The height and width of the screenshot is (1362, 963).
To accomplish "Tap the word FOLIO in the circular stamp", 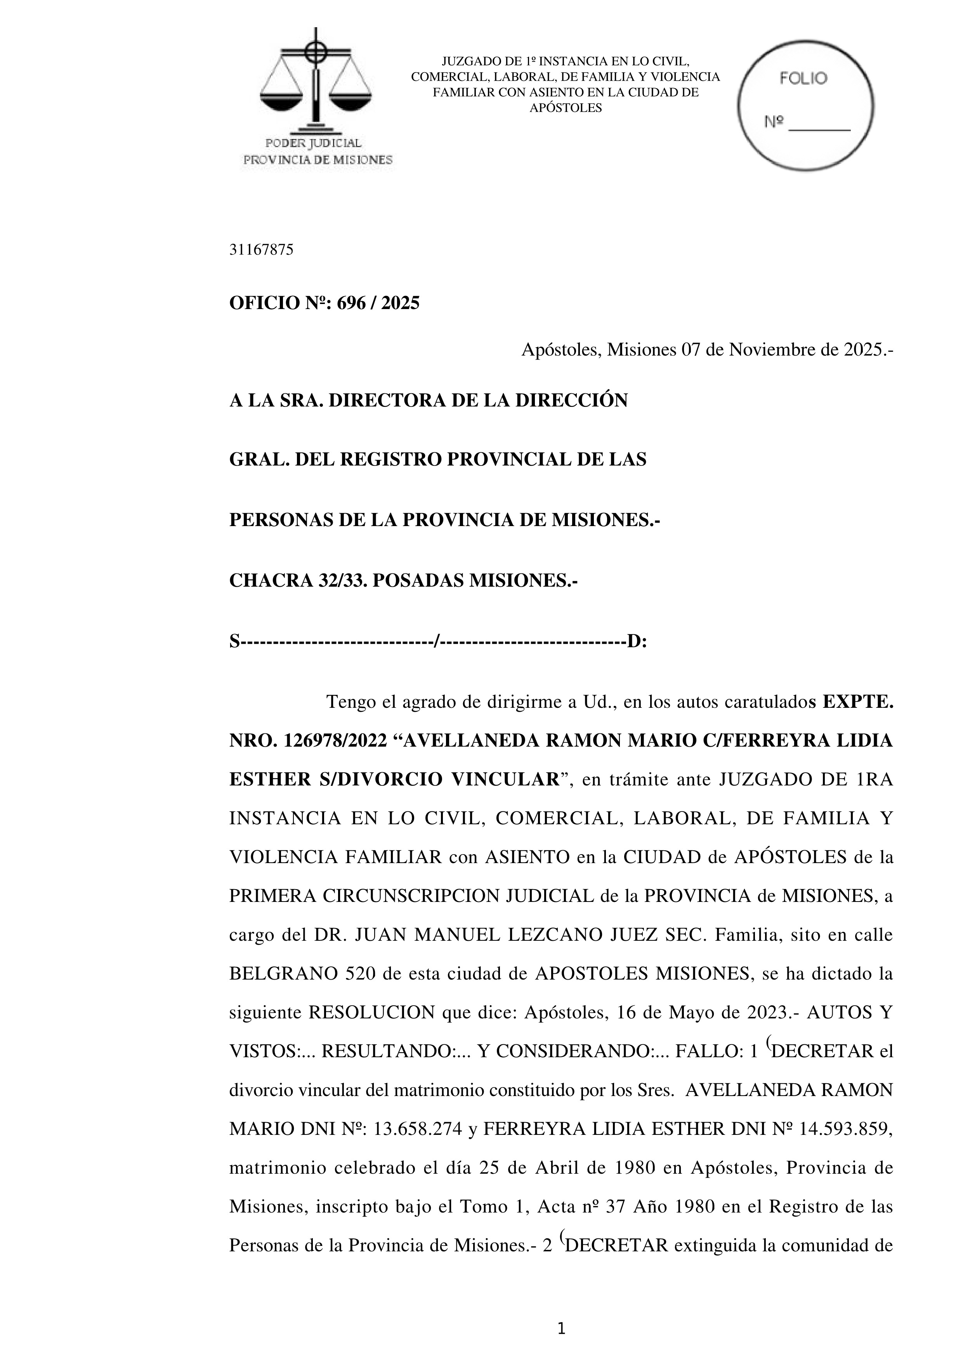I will coord(803,78).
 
